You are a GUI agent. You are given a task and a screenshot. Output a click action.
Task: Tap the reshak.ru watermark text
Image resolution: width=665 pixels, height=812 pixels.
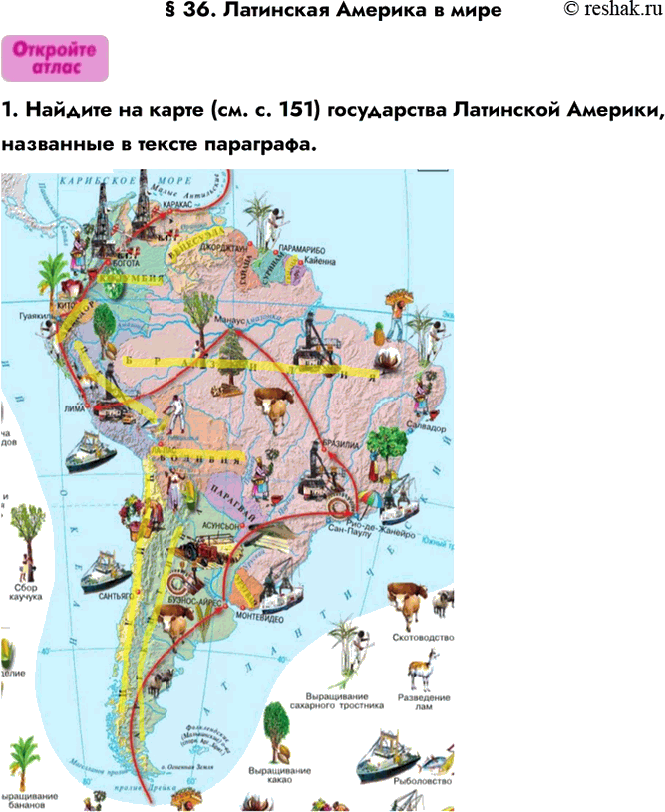[x=613, y=10]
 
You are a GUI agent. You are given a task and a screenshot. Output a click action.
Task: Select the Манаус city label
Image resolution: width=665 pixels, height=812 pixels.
[x=230, y=321]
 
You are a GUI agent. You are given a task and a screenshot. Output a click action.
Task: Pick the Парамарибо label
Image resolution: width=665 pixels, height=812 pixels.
[x=302, y=243]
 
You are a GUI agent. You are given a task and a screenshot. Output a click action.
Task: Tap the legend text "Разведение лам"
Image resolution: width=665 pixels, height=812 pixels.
[x=425, y=704]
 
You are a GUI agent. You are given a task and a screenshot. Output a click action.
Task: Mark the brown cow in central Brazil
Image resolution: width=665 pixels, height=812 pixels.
[x=274, y=404]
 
